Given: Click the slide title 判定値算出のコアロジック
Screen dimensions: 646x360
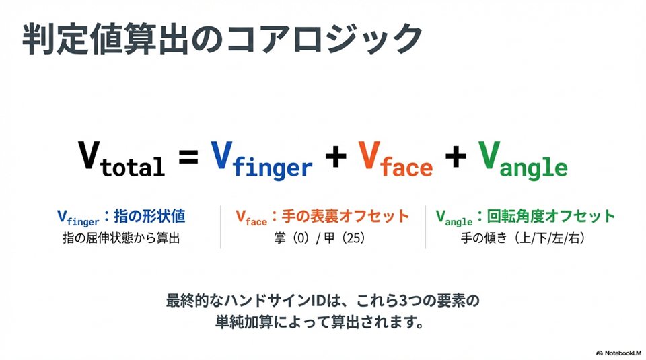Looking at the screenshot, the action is pos(222,39).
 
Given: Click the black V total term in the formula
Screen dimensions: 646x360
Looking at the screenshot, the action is pos(122,159).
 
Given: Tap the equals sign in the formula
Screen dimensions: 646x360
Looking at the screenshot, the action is pos(188,157).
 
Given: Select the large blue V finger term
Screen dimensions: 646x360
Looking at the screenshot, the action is pos(262,161).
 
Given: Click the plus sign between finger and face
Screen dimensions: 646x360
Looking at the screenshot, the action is pos(336,157).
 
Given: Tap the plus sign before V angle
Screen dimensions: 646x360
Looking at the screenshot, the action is pos(456,157).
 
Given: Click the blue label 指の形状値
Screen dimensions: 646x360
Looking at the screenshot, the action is pos(149,216).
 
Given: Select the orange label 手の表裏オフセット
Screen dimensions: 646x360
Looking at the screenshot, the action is pos(345,216).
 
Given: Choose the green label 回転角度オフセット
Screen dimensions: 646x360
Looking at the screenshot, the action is pos(551,216).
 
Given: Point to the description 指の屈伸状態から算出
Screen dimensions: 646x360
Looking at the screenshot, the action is pos(121,238).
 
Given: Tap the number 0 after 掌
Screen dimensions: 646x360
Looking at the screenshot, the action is pos(300,238).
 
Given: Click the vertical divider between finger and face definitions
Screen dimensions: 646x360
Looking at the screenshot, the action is pos(221,227).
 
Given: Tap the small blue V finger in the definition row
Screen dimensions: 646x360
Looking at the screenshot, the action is pos(78,218).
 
